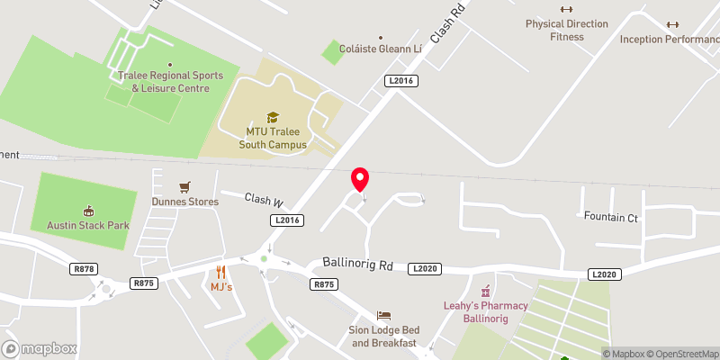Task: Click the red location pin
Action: click(360, 178)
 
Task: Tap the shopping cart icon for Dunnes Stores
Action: click(185, 187)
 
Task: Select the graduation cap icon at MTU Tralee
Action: click(272, 117)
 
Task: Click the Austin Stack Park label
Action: click(87, 224)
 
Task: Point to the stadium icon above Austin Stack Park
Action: click(88, 210)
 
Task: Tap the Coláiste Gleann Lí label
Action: click(380, 49)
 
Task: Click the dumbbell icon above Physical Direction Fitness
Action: click(567, 9)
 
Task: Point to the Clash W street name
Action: click(265, 200)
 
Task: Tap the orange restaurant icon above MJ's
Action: click(220, 272)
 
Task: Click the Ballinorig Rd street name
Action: click(358, 265)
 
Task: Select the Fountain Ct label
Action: click(610, 217)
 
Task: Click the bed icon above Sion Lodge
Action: click(384, 316)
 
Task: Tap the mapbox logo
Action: click(39, 348)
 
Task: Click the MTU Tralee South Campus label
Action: click(276, 139)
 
